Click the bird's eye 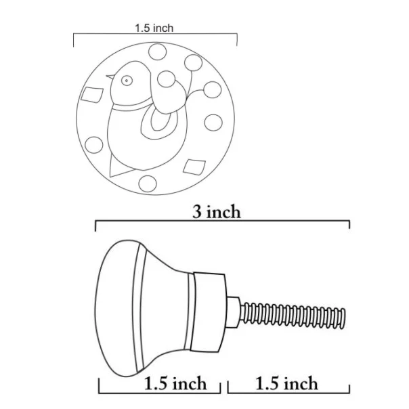tap(127, 81)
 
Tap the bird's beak tap(110, 76)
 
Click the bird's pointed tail tap(118, 167)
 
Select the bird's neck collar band tap(132, 106)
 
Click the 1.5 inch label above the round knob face tap(154, 28)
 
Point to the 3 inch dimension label tap(217, 211)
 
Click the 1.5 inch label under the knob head tap(175, 383)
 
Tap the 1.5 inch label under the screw tap(287, 383)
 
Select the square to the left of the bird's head tap(92, 94)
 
